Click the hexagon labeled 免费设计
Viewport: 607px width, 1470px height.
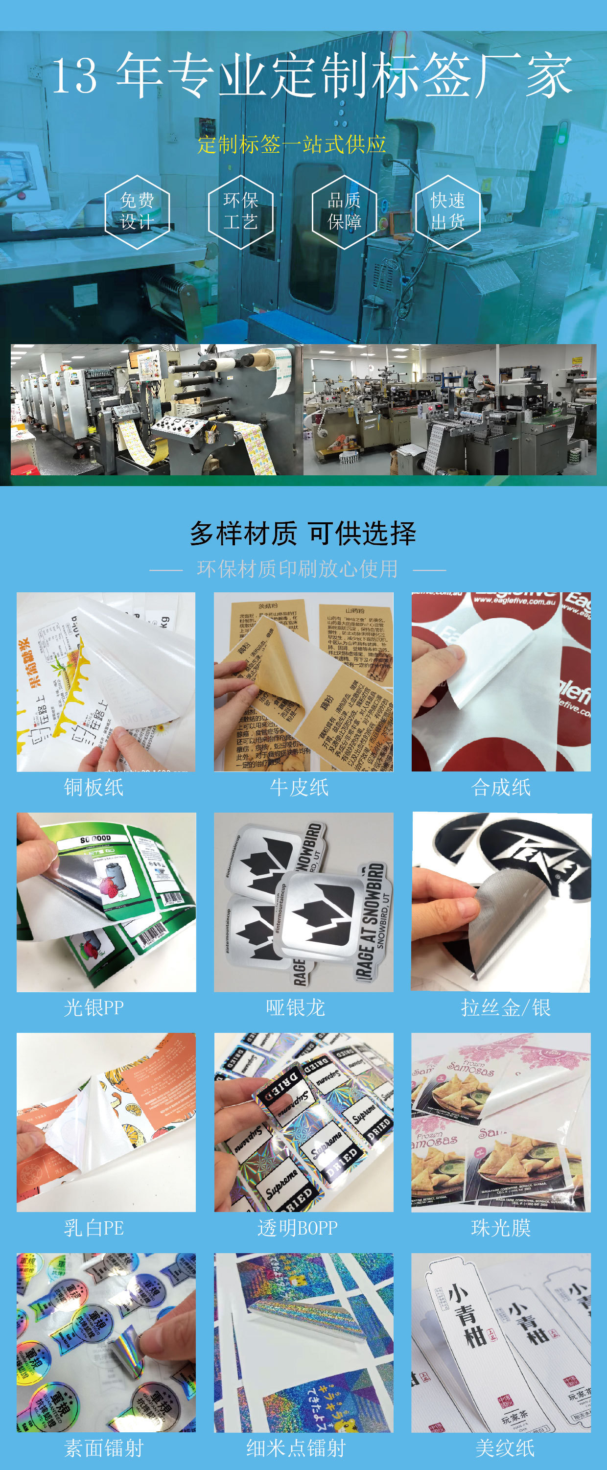point(137,211)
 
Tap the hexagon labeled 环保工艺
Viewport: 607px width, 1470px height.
point(240,211)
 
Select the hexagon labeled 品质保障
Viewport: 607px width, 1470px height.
point(344,211)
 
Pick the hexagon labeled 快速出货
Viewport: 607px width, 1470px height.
point(448,211)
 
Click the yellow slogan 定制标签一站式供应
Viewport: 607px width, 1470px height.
point(292,144)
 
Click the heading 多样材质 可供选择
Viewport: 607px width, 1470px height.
point(303,533)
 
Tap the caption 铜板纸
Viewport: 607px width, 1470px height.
point(93,788)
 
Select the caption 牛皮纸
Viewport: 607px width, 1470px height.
point(299,788)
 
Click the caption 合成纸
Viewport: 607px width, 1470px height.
point(501,788)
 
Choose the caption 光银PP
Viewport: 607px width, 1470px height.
point(93,1008)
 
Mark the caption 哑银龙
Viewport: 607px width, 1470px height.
point(296,1008)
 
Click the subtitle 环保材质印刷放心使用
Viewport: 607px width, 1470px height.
point(297,569)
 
